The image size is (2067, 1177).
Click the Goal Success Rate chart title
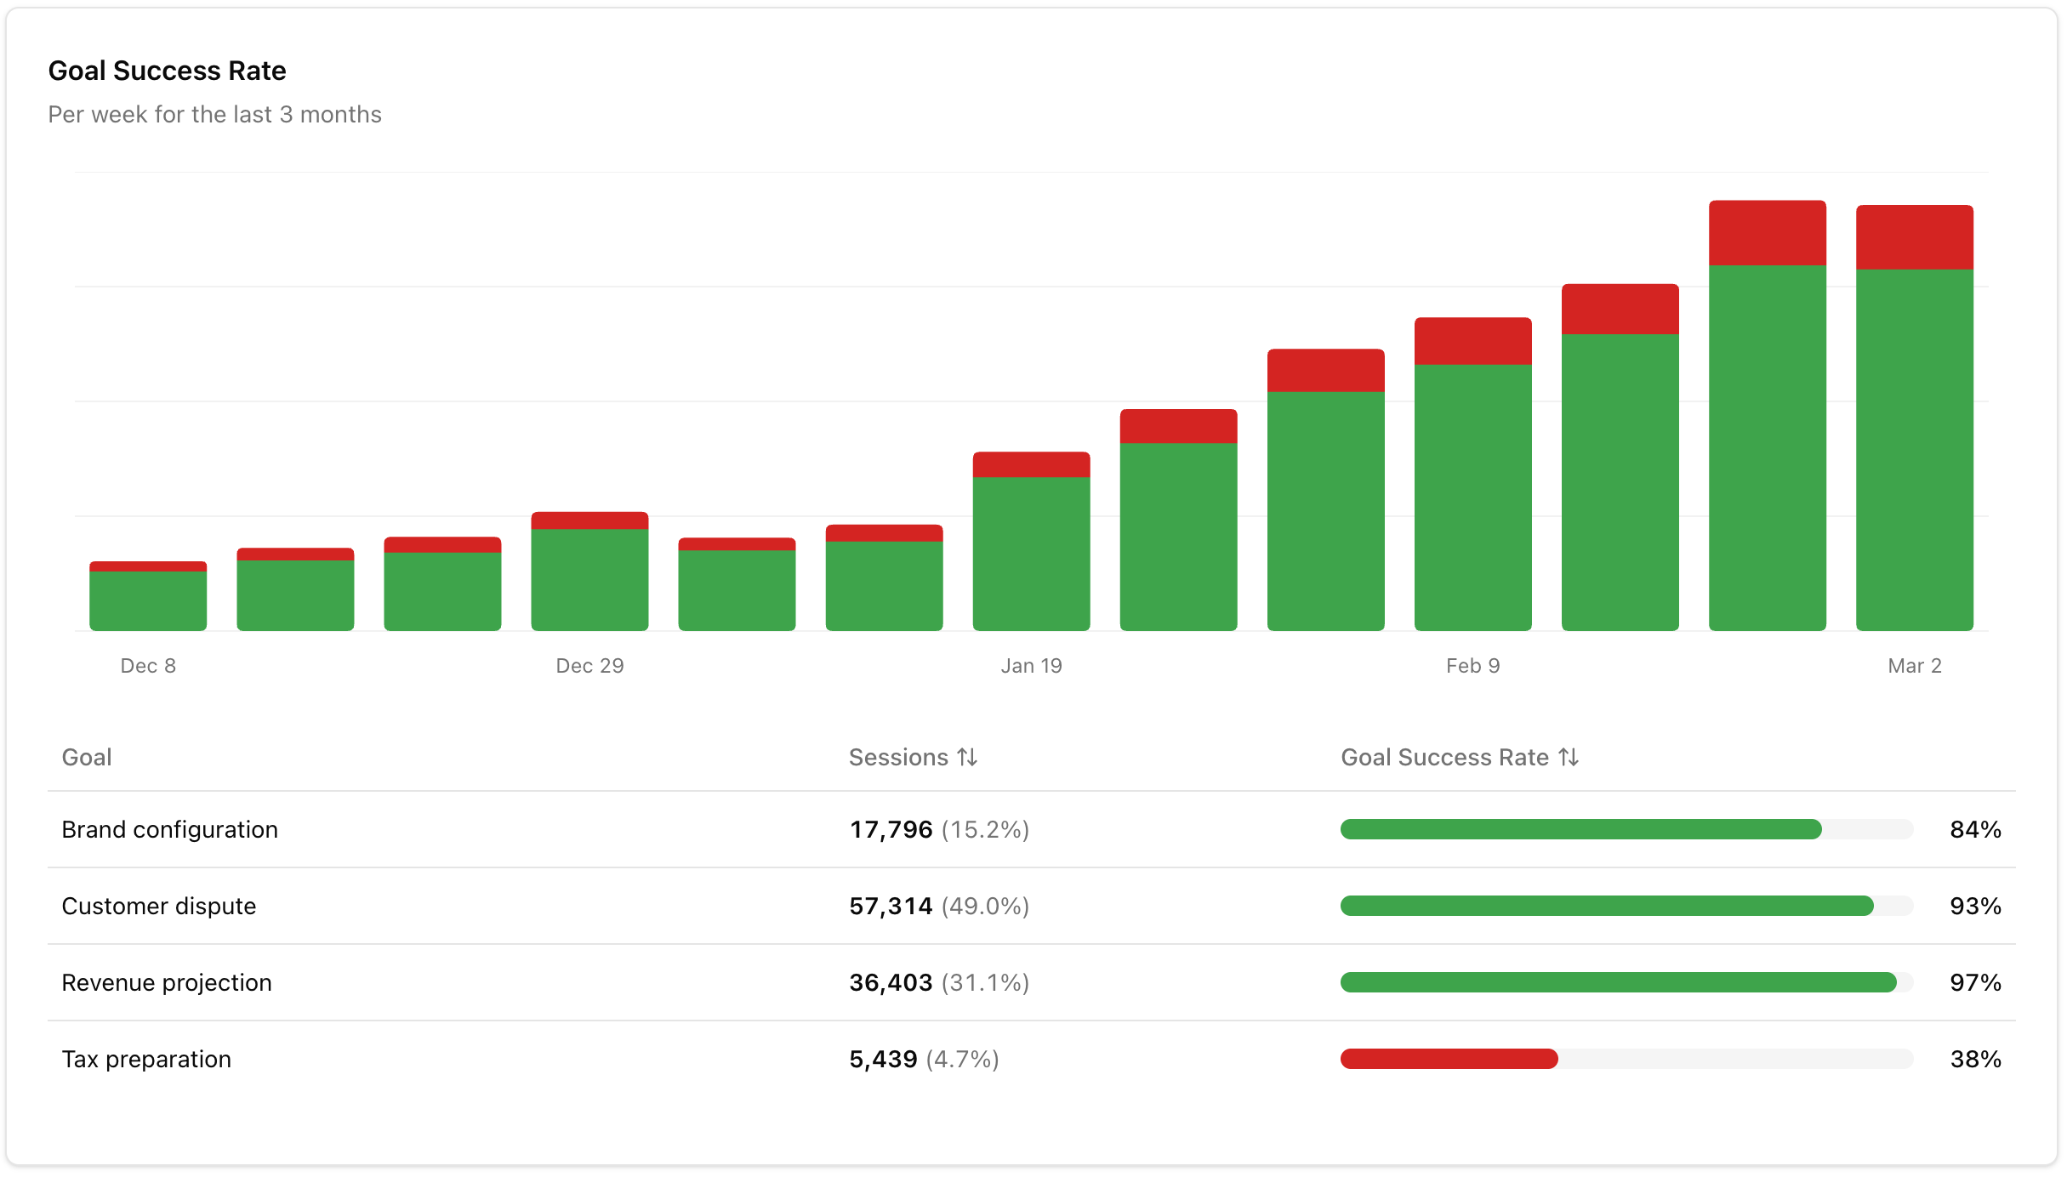[x=167, y=71]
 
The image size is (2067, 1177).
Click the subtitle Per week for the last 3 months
[x=214, y=115]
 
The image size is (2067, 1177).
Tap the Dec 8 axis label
[x=148, y=666]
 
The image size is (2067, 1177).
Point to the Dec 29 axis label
[x=589, y=666]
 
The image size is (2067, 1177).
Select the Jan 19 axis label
[x=1031, y=666]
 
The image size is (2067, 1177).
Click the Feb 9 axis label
[x=1472, y=666]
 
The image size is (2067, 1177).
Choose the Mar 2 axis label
[x=1914, y=666]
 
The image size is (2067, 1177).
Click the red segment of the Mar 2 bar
[x=1914, y=237]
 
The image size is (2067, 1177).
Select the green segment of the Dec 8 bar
[x=148, y=600]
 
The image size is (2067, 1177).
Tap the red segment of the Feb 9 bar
[x=1472, y=341]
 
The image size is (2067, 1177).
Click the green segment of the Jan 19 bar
[x=1031, y=553]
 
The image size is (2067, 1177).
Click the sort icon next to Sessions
[x=967, y=757]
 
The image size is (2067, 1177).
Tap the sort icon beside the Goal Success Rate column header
[x=1569, y=757]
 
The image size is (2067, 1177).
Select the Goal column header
[x=87, y=757]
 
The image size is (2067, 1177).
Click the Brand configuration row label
[x=169, y=829]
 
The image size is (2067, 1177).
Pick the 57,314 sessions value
[x=891, y=906]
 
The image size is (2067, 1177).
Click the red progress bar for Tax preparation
[x=1449, y=1059]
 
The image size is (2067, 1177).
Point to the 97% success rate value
[x=1974, y=982]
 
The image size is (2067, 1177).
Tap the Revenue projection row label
[x=167, y=982]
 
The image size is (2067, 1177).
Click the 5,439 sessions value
[x=883, y=1059]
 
